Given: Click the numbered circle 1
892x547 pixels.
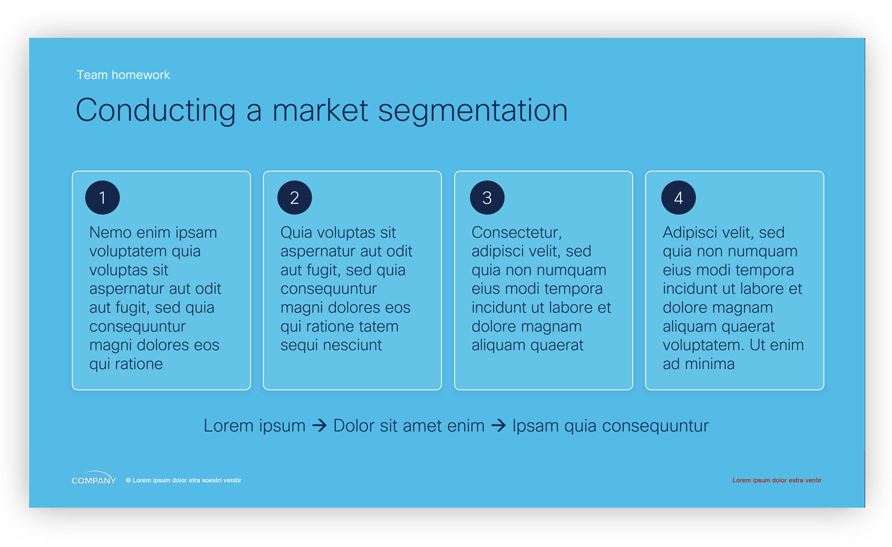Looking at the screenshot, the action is [103, 198].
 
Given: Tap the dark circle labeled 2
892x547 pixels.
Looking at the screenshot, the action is [294, 198].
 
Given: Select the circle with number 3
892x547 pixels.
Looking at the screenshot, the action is [487, 198].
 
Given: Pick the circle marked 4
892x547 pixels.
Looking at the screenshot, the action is [678, 198].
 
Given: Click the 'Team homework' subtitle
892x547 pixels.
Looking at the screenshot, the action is [123, 75].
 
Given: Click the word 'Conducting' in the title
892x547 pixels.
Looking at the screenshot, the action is [156, 110].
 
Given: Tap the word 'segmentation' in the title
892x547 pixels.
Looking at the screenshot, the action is [473, 111].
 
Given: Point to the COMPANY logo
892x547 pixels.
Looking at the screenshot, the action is [94, 478].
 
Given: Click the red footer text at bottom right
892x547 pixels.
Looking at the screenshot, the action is [777, 480].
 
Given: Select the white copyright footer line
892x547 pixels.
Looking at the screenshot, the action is [183, 480].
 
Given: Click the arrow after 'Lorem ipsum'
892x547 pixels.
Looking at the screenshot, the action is [319, 426].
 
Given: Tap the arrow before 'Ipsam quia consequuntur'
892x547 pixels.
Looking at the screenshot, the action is [498, 426].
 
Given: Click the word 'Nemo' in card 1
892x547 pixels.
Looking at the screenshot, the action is [110, 233].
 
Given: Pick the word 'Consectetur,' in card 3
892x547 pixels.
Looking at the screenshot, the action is [516, 233].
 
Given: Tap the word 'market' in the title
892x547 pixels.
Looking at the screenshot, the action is [320, 110].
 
